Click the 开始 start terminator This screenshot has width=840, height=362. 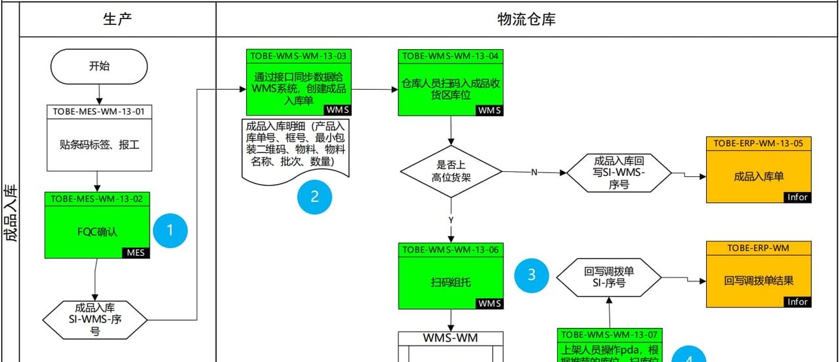click(98, 66)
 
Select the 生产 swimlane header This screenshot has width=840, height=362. click(117, 19)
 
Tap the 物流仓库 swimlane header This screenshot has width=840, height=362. click(526, 19)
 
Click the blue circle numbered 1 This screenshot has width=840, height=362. click(171, 230)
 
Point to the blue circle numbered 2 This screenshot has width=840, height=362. click(314, 196)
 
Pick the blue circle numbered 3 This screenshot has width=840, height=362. click(532, 275)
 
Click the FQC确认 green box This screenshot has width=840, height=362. click(97, 230)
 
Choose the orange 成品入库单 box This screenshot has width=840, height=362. click(759, 176)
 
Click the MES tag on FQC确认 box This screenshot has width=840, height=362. click(136, 253)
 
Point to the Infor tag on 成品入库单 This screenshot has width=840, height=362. click(797, 197)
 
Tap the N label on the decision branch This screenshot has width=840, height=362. click(534, 172)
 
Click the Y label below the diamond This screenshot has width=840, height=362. click(451, 219)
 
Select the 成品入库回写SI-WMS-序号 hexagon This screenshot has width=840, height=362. click(619, 172)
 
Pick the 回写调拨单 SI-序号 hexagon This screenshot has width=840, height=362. click(609, 277)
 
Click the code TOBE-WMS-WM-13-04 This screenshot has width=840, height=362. click(451, 56)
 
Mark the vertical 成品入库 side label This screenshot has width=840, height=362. click(10, 213)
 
